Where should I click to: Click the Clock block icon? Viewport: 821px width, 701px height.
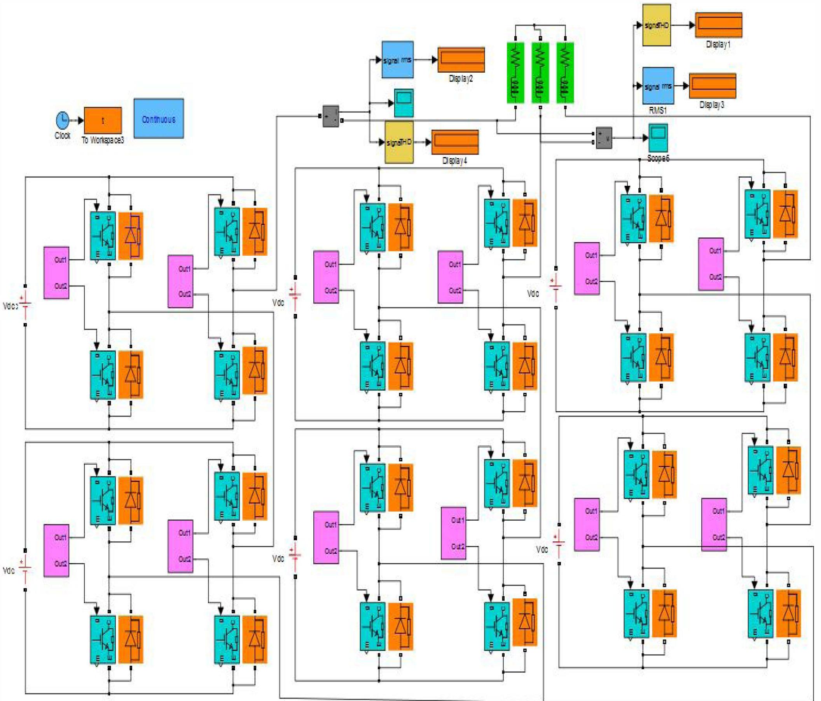click(62, 119)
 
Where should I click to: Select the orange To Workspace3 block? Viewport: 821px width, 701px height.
click(103, 120)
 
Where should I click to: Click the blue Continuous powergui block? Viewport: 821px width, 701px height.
click(159, 119)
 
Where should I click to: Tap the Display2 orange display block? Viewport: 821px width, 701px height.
click(461, 59)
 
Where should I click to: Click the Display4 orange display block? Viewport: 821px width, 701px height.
click(454, 142)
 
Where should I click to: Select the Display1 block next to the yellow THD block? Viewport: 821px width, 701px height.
click(718, 25)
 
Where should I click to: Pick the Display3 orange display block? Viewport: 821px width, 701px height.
click(713, 85)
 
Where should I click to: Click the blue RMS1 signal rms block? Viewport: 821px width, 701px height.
click(658, 85)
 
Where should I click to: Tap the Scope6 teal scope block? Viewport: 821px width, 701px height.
click(658, 138)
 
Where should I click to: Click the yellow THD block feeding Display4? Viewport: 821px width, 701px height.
click(399, 142)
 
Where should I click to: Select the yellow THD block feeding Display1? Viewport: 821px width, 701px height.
click(656, 25)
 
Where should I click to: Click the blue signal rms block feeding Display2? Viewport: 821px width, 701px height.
click(397, 60)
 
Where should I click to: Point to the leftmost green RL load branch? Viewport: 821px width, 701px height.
click(515, 73)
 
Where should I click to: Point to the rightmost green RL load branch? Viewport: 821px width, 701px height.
click(565, 73)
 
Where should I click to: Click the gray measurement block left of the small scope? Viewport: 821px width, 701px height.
click(330, 116)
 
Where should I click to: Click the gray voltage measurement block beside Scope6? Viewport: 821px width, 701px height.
click(603, 138)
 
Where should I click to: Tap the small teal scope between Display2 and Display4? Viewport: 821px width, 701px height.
click(404, 103)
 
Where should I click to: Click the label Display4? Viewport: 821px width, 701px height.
click(454, 161)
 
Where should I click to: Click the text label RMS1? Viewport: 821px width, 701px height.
click(657, 110)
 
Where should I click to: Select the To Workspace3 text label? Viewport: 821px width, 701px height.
click(103, 140)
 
